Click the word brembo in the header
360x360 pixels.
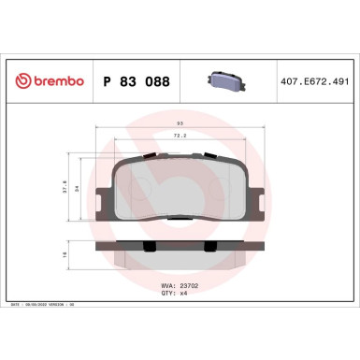click(x=57, y=81)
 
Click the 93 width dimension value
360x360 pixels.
click(x=180, y=123)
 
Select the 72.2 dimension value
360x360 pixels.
click(x=180, y=137)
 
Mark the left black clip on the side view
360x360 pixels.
click(x=150, y=245)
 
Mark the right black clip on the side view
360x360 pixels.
click(x=210, y=245)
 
